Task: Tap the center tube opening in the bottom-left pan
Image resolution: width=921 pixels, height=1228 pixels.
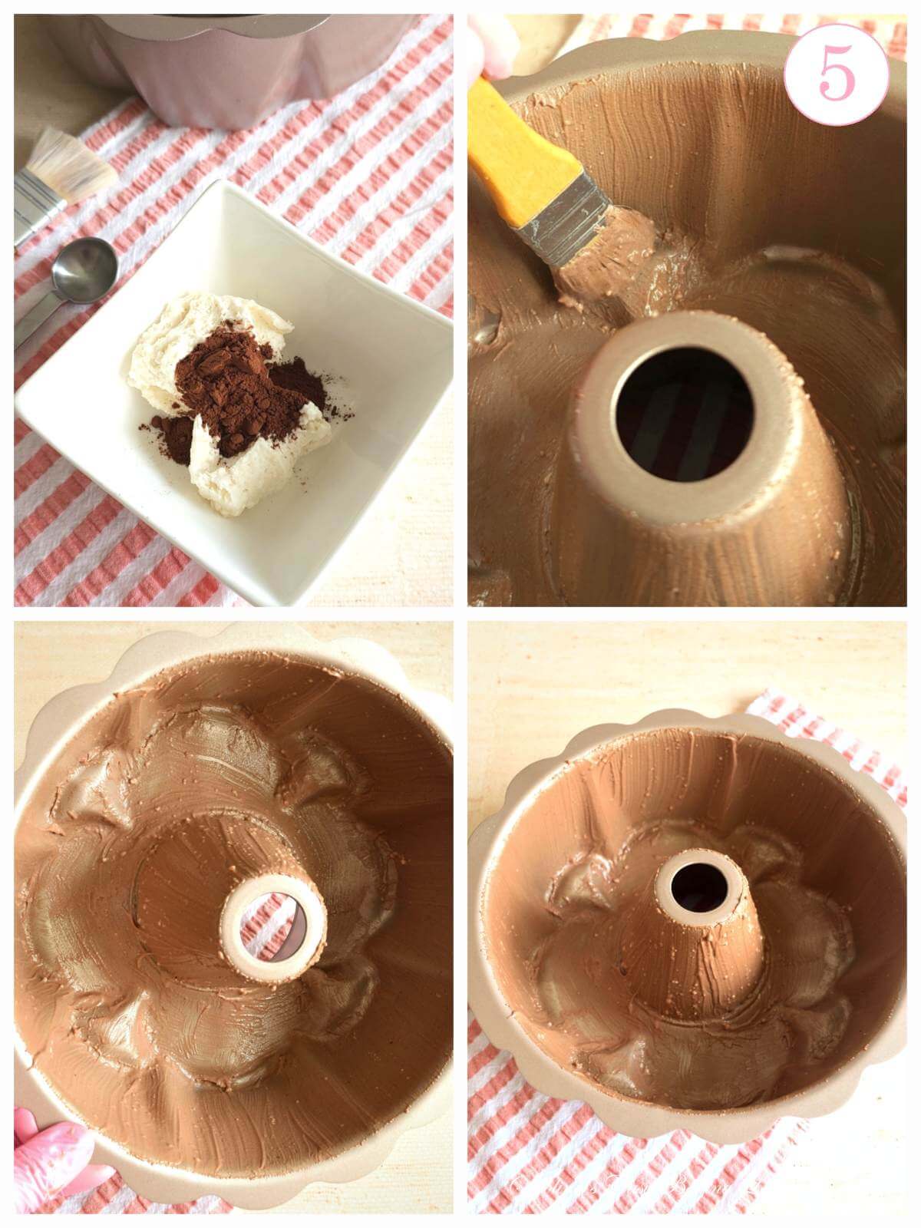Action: click(269, 921)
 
